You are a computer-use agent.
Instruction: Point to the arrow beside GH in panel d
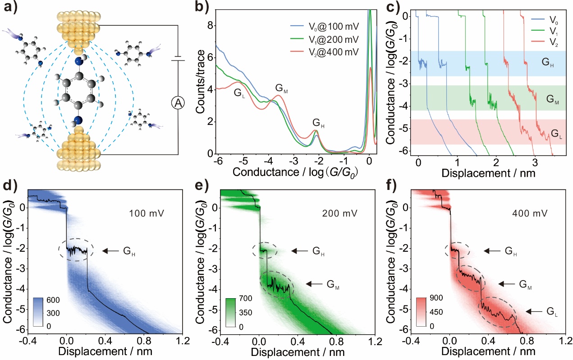coord(111,251)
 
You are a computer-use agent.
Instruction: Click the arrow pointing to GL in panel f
coord(535,311)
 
